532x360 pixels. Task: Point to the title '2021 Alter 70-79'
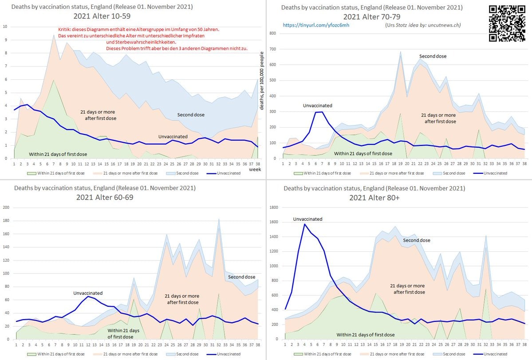coord(371,17)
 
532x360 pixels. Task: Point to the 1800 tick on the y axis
coord(274,207)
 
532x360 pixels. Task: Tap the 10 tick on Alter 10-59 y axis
coord(5,27)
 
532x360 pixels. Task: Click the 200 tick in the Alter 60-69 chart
coord(6,207)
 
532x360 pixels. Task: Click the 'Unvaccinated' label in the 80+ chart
coord(307,219)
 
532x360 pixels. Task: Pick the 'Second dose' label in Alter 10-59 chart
coord(191,115)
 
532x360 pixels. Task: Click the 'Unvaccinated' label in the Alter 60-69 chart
coord(88,293)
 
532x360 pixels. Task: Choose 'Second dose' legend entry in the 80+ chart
coord(453,354)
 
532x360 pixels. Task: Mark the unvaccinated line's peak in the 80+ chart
coord(305,224)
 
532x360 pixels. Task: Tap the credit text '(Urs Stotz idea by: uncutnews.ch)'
coord(423,25)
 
